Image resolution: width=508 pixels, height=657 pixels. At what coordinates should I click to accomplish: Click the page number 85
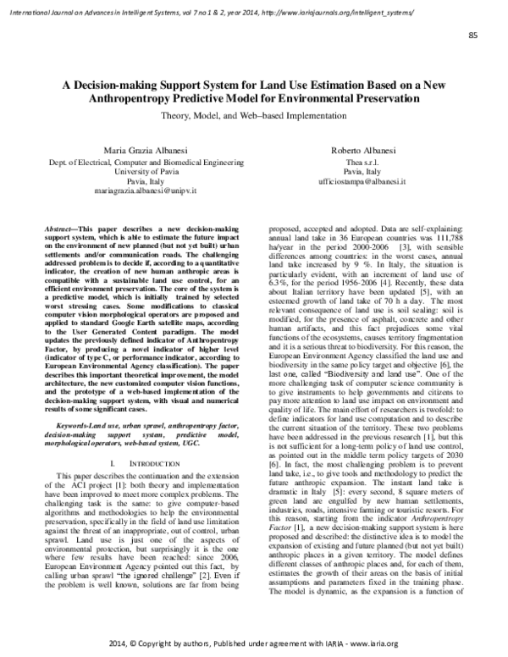[472, 35]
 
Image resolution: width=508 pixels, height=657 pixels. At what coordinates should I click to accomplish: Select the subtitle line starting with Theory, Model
[253, 113]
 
